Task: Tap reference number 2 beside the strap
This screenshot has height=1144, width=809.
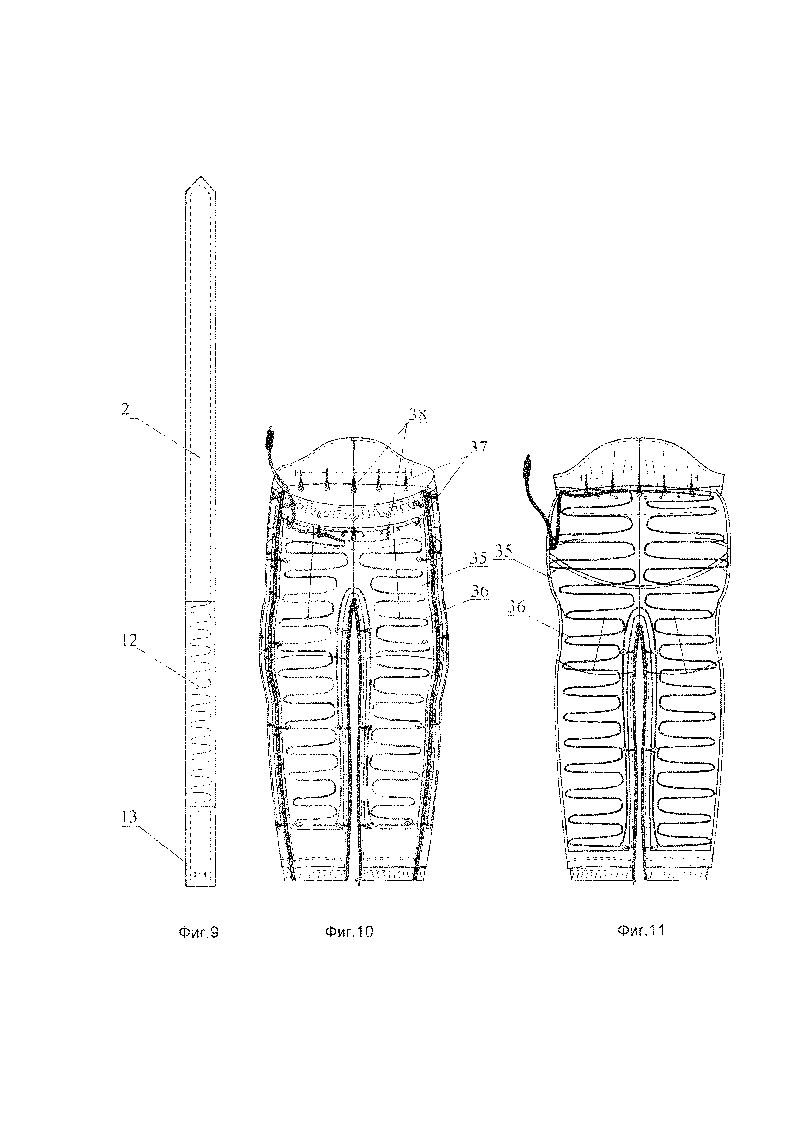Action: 125,410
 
